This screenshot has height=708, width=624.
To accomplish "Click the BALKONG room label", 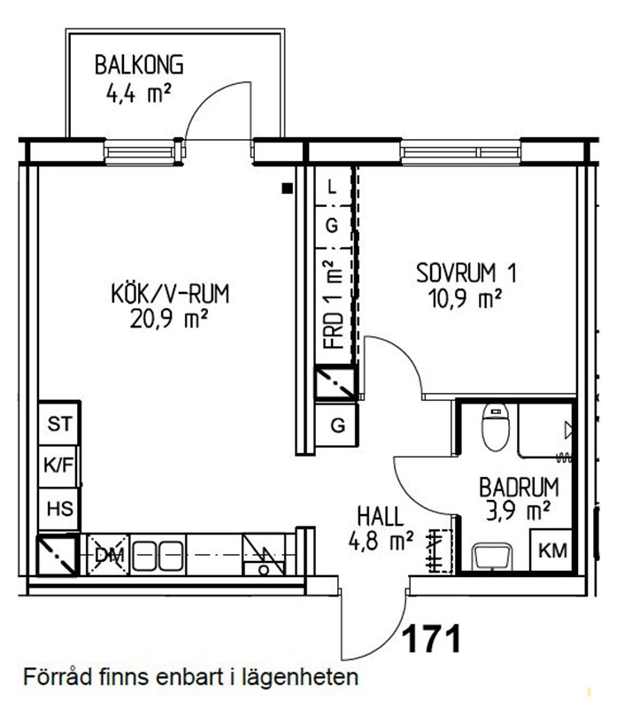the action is [139, 65].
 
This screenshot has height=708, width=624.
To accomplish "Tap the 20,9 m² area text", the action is [168, 319].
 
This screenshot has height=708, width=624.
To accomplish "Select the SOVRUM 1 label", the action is [466, 273].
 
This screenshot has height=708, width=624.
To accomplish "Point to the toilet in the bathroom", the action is [496, 427].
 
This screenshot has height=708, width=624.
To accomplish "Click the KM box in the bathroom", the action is [552, 550].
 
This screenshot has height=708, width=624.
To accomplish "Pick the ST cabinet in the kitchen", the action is [59, 424].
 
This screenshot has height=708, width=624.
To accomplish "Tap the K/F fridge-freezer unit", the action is [58, 466].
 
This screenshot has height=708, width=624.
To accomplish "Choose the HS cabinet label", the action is [59, 509].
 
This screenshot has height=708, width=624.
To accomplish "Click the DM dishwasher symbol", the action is [107, 555].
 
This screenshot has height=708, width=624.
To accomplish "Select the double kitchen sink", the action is [158, 555].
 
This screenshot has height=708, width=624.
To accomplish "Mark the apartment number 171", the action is [432, 639].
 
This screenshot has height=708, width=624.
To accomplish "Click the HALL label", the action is [381, 517].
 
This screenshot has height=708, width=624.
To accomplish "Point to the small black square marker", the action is [287, 189].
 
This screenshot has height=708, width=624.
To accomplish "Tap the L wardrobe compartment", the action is [333, 186].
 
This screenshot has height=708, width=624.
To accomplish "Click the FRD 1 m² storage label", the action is [334, 304].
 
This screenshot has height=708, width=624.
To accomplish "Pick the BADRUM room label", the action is [519, 488].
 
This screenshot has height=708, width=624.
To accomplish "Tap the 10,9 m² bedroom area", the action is [465, 298].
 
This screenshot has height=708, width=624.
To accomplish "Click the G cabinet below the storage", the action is [337, 425].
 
